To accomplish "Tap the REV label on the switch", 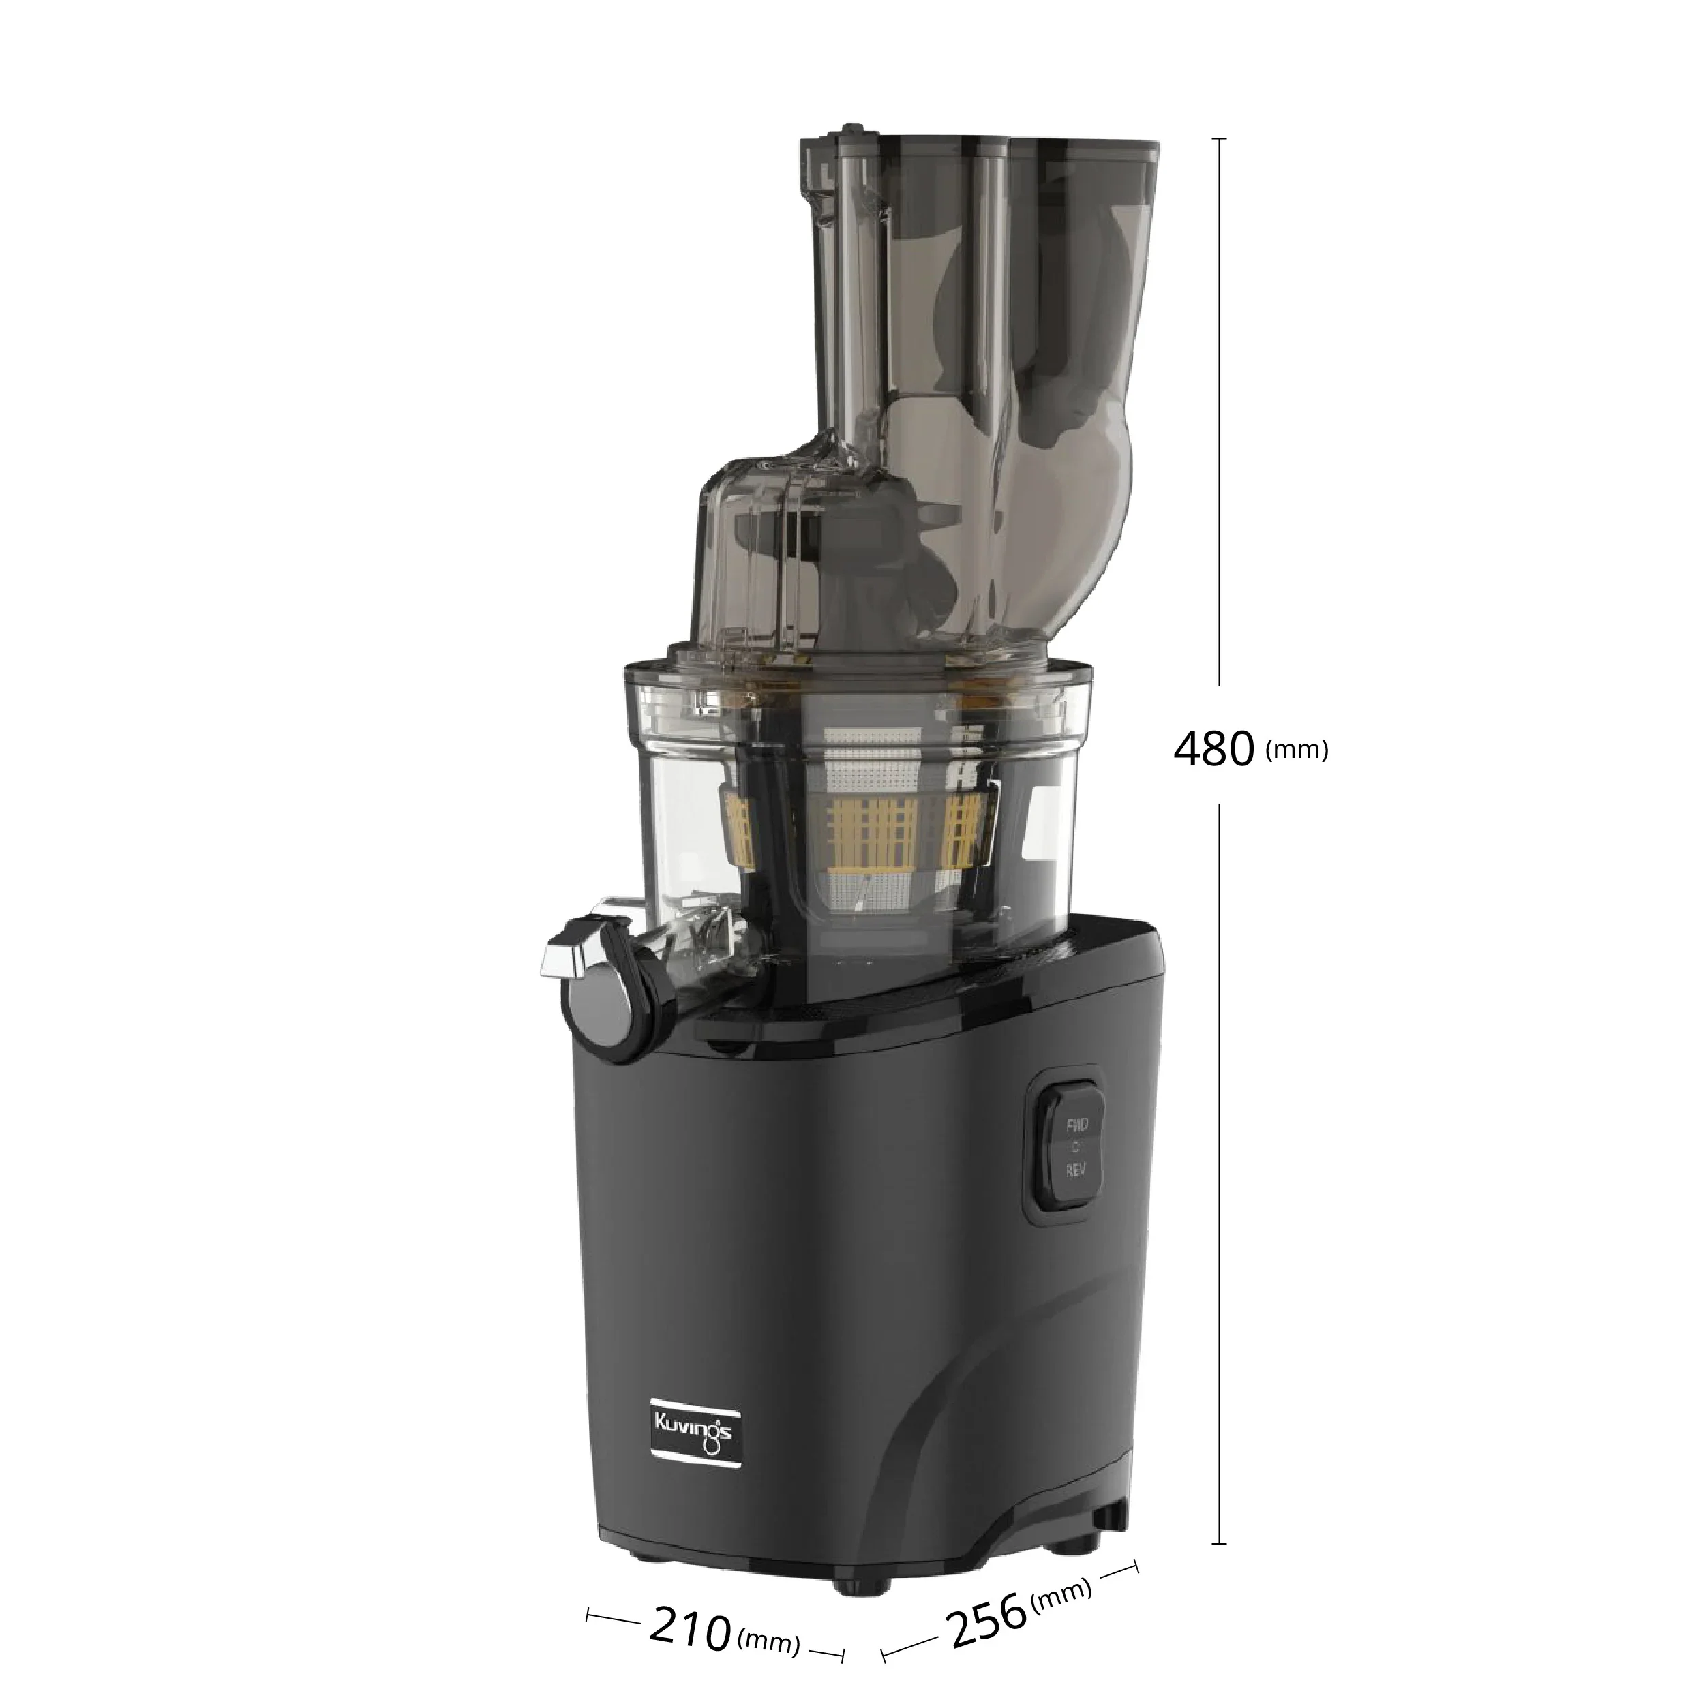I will [x=1076, y=1170].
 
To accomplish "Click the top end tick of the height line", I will [x=1219, y=140].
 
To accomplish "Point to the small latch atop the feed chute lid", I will [x=851, y=132].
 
